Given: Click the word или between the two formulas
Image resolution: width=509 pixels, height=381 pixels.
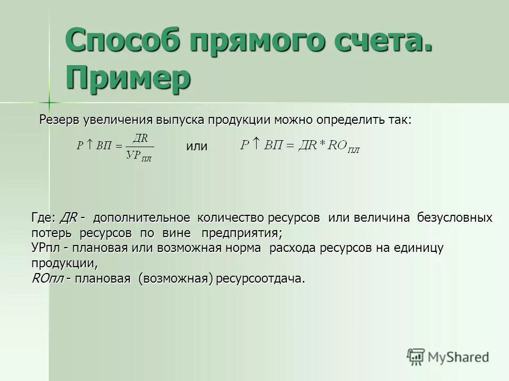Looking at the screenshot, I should point(197,147).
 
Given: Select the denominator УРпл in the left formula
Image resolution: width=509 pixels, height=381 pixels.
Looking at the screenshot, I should point(139,155).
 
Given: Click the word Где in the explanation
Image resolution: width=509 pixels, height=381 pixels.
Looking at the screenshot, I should point(42,218).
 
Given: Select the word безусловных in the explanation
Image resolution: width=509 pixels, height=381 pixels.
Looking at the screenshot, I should point(455,218).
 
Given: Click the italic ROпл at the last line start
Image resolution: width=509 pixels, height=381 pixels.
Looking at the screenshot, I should point(48,279).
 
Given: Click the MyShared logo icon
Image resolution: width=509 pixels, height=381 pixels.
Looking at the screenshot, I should point(416,356).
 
